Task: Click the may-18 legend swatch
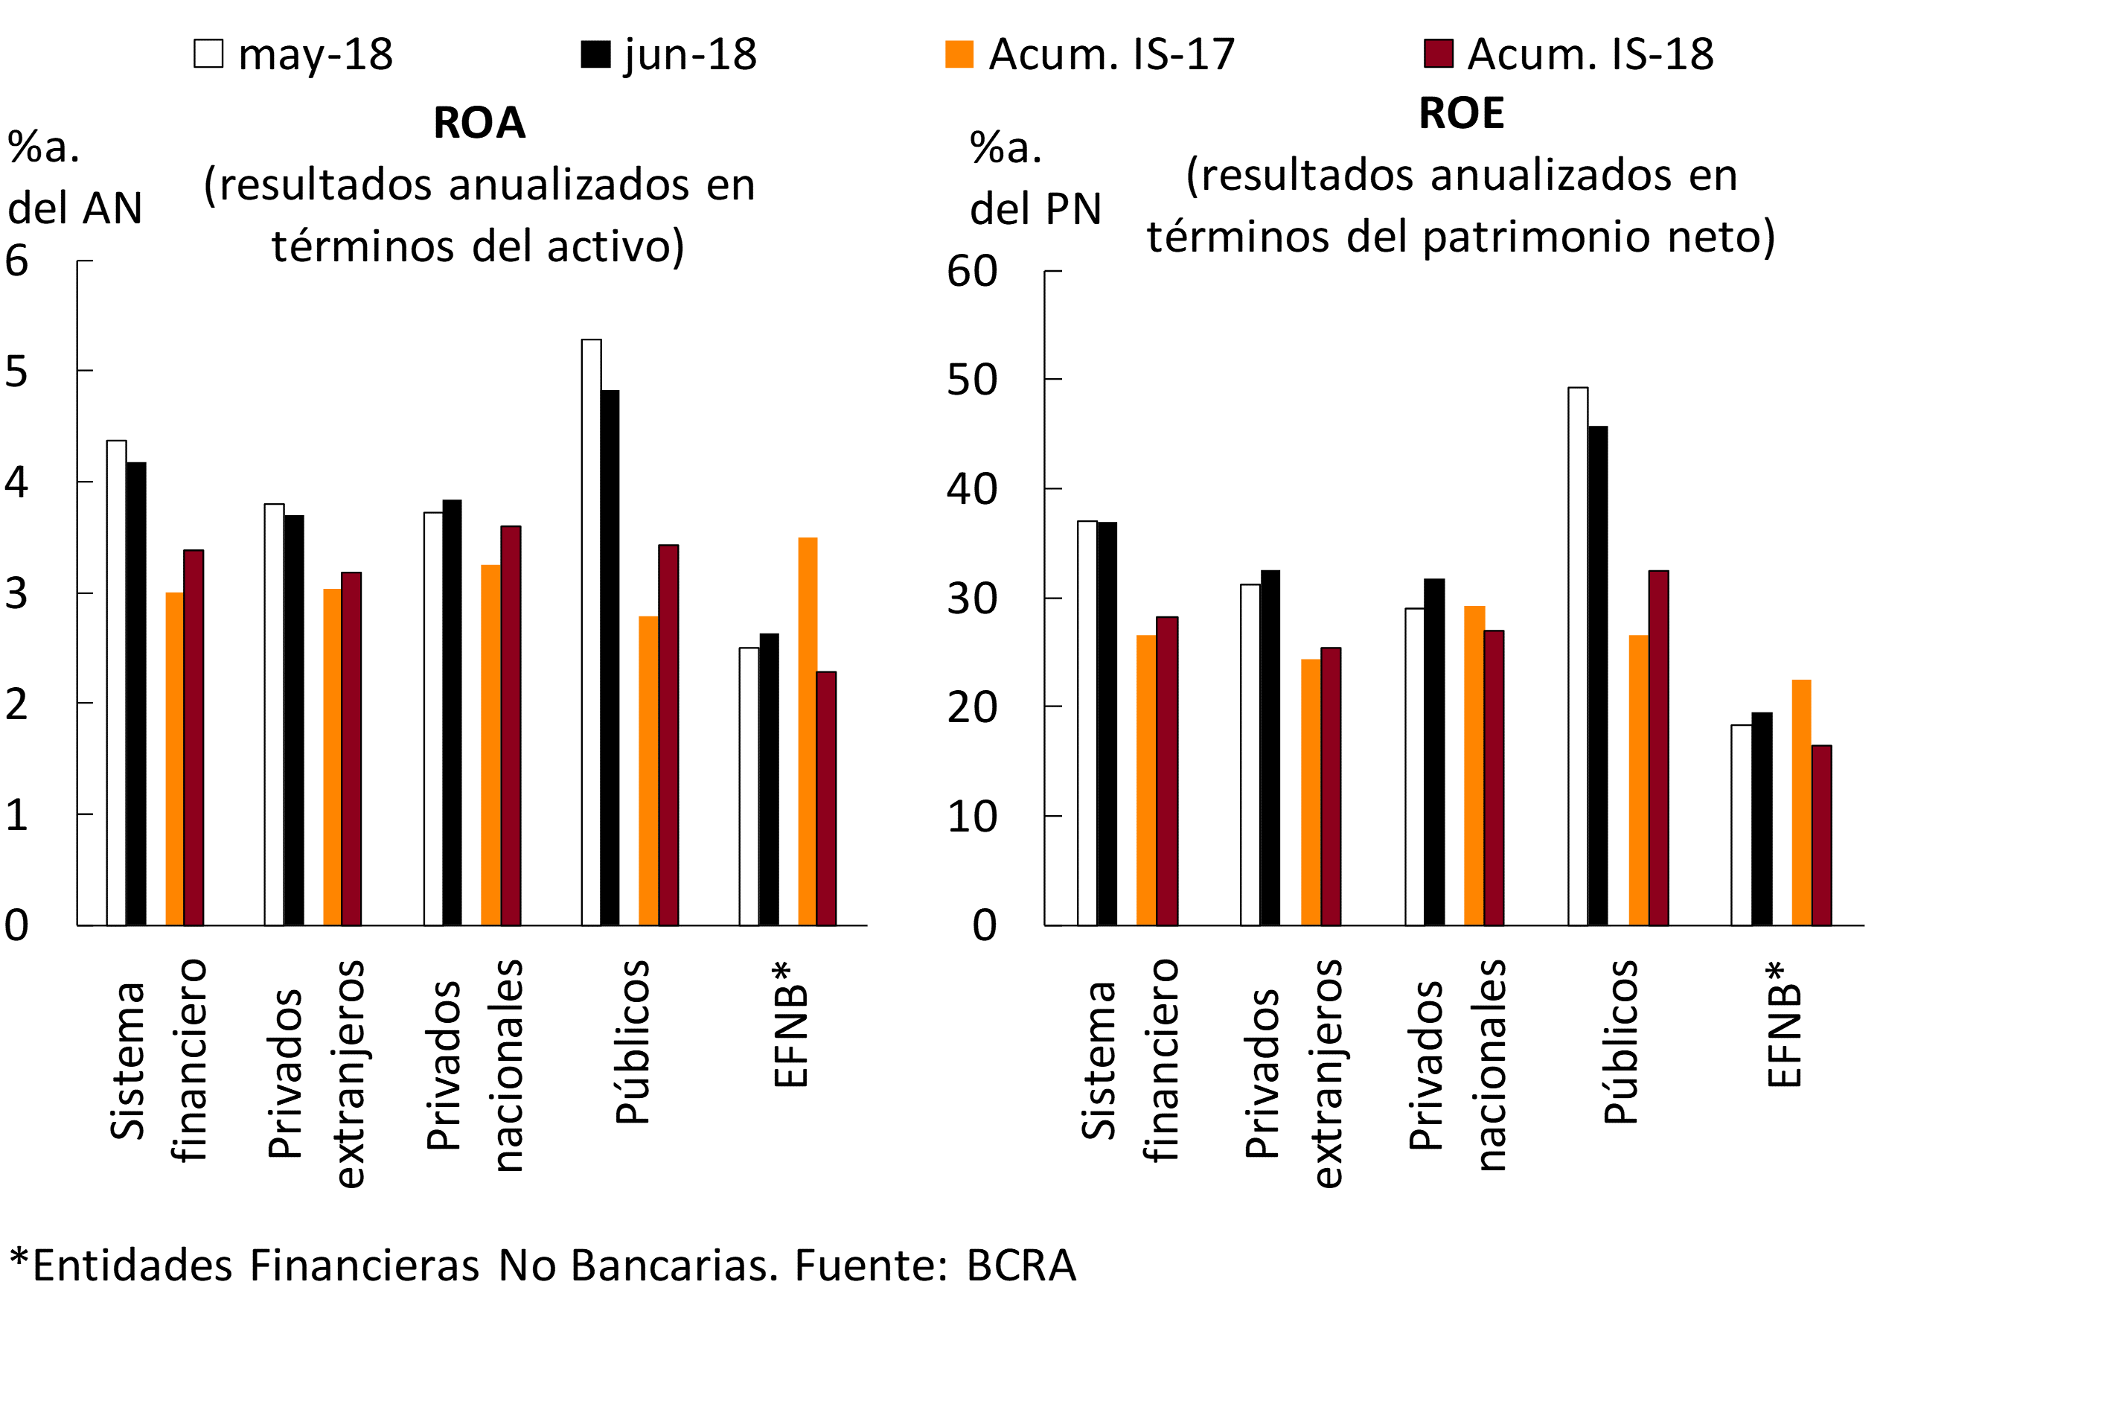point(208,54)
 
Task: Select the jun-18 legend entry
point(595,54)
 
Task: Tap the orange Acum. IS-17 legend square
point(959,54)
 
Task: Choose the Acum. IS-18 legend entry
point(1438,54)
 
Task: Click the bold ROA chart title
point(479,123)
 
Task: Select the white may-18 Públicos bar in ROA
point(591,632)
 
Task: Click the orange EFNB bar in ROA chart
point(808,731)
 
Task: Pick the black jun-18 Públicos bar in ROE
point(1598,676)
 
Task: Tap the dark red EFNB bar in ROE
point(1821,835)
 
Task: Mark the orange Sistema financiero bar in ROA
point(174,759)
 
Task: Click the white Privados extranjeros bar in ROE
point(1250,755)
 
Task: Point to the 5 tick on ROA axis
point(17,371)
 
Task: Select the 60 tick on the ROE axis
point(971,271)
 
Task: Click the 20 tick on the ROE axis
point(971,707)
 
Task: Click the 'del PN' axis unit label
point(1035,209)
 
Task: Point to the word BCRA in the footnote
point(1021,1266)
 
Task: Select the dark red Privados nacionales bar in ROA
point(511,725)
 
